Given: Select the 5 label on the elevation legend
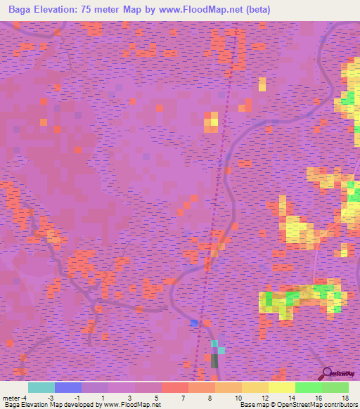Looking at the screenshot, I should (157, 398).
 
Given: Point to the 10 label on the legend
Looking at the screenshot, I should (238, 398).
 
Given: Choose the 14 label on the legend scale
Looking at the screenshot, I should (291, 398).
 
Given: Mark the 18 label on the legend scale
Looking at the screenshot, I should (345, 398).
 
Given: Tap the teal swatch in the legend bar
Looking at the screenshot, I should (41, 387).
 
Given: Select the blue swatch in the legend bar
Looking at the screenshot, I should (68, 387).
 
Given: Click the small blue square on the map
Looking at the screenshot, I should (195, 323).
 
